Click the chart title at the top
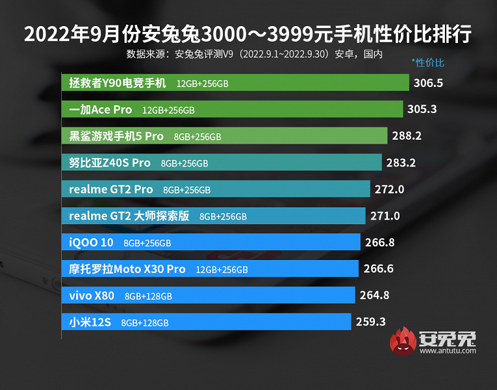pos(248,33)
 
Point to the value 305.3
pos(422,110)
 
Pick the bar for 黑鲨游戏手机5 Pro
pos(227,136)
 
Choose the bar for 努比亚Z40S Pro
pos(222,162)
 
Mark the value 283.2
pos(401,162)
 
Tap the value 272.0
pos(390,189)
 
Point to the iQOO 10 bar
pos(211,242)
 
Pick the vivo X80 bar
pos(209,295)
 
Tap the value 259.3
pos(370,322)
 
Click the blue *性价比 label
pos(427,63)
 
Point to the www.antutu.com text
pos(448,352)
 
